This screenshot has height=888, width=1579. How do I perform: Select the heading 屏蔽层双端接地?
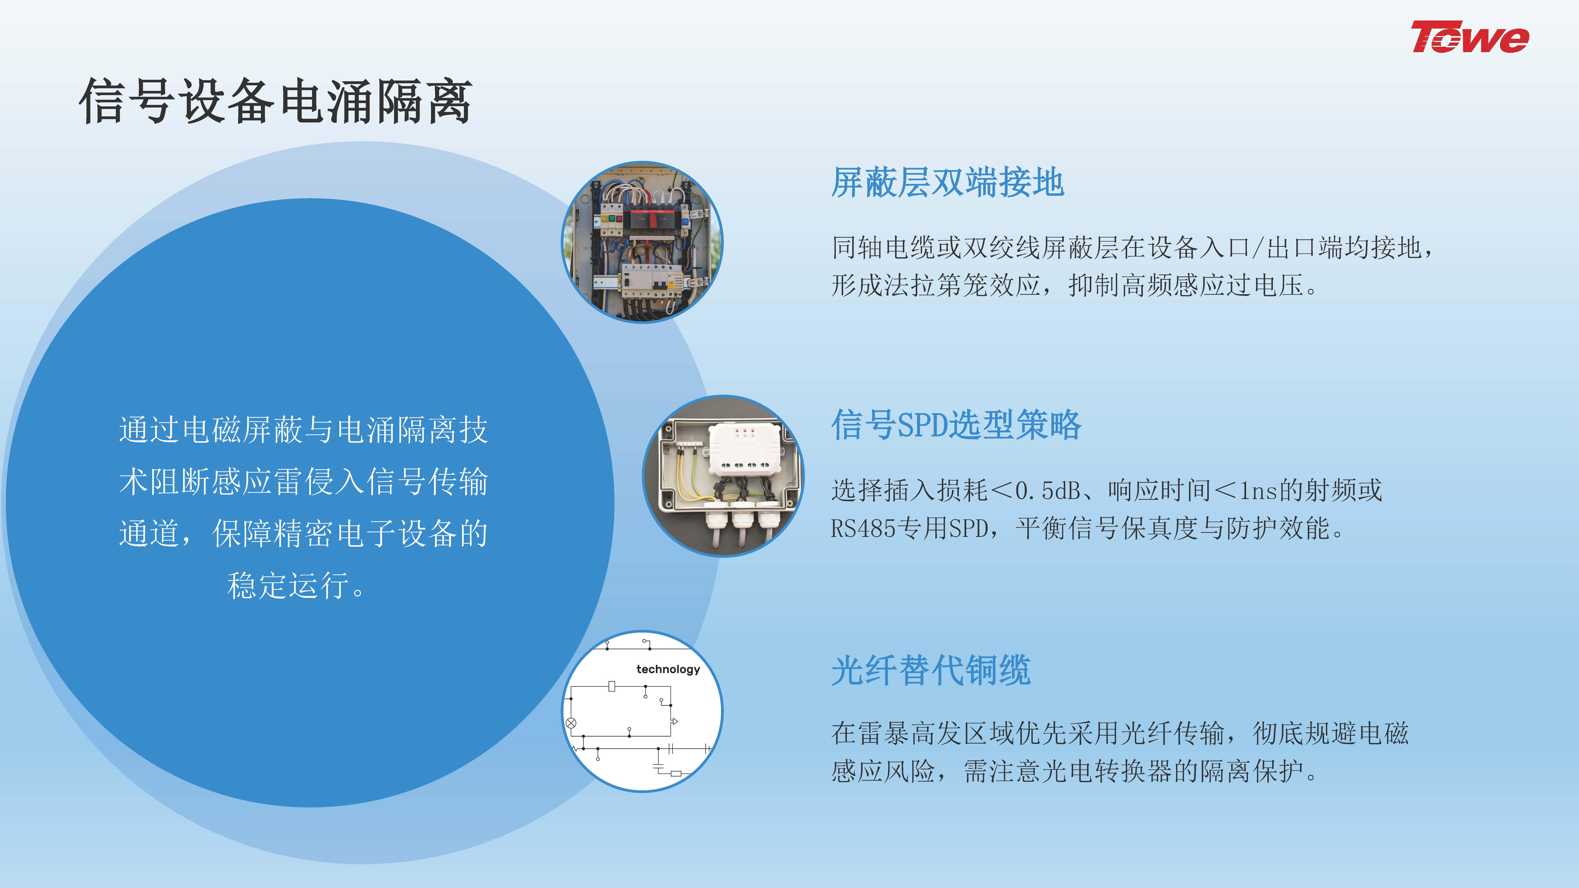tap(948, 183)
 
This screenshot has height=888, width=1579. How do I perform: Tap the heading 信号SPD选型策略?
tap(956, 425)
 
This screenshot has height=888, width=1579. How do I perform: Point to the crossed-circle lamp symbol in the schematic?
tap(571, 723)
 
